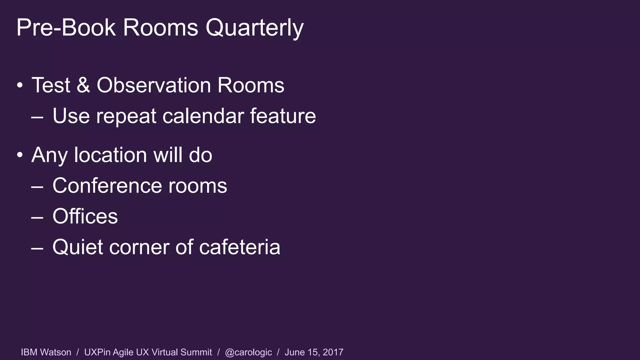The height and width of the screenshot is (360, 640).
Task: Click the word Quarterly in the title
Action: tap(254, 28)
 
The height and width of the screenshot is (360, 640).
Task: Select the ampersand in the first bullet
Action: tap(83, 85)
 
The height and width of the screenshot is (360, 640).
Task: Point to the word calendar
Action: tap(203, 116)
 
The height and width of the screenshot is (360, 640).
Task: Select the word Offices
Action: tap(85, 216)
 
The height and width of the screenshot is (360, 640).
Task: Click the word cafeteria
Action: tap(239, 247)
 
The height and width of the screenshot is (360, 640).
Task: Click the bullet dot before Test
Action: tap(20, 85)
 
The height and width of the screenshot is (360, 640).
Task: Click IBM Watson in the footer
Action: tap(46, 352)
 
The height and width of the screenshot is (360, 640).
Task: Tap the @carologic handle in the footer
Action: tap(248, 352)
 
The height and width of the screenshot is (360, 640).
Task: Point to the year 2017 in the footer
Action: tap(333, 352)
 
